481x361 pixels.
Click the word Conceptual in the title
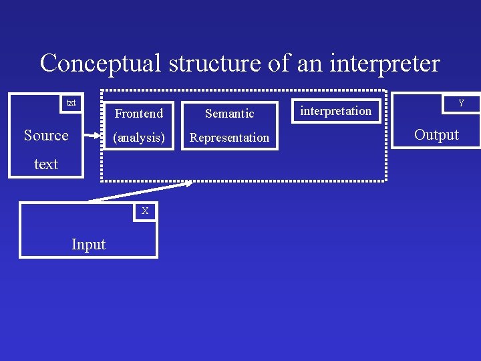[101, 64]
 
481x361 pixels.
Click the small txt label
[71, 103]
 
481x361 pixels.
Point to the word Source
[46, 135]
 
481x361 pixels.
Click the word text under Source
[46, 164]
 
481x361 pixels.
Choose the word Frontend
[139, 113]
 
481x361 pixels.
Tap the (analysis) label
[139, 138]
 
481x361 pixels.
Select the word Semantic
[229, 114]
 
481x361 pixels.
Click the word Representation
[229, 138]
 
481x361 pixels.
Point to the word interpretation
[335, 111]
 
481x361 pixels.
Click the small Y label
[460, 104]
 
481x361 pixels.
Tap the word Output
[436, 134]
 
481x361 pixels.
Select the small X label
[145, 211]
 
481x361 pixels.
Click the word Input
[88, 245]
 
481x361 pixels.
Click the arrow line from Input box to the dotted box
[140, 192]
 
